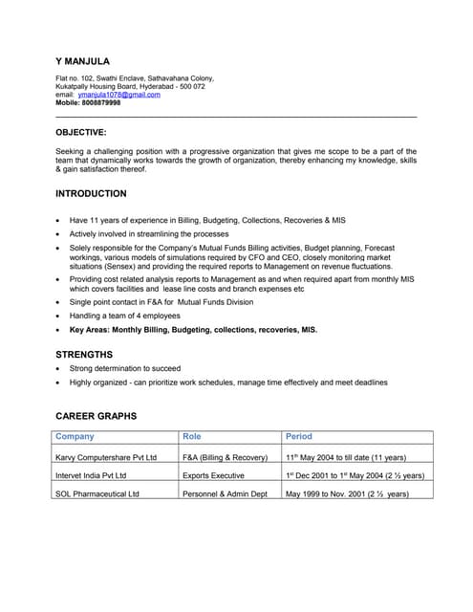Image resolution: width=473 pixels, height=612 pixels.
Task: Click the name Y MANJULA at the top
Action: click(82, 61)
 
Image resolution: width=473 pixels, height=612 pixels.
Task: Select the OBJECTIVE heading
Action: click(81, 133)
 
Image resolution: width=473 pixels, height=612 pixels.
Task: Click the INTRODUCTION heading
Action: click(91, 193)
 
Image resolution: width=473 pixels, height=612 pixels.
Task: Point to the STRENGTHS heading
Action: click(84, 354)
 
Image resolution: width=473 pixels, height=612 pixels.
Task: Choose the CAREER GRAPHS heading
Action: click(96, 416)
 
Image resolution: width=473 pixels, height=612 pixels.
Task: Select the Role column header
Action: click(192, 436)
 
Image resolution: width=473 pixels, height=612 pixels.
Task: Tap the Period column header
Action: click(299, 436)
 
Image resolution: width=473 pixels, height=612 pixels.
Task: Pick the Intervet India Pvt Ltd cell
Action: click(91, 475)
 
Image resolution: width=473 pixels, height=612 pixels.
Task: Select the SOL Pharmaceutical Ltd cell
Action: click(97, 493)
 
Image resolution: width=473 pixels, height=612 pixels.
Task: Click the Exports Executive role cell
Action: click(214, 475)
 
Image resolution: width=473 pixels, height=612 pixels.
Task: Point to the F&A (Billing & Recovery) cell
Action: click(225, 458)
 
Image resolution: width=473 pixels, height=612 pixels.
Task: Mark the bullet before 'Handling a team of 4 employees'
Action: click(59, 316)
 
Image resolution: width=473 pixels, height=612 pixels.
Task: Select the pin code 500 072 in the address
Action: click(187, 86)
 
